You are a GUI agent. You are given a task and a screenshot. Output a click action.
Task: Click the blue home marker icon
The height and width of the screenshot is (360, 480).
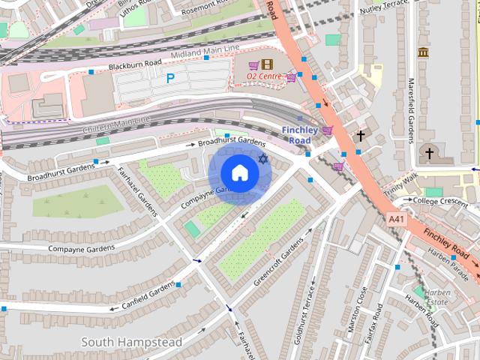tap(239, 173)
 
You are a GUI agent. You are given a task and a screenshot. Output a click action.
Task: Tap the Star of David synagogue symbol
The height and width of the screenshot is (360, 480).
tap(262, 159)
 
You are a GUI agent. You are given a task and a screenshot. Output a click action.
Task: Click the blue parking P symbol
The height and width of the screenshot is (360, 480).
tap(170, 77)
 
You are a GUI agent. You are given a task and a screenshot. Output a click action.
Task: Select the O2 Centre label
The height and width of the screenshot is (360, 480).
tap(265, 76)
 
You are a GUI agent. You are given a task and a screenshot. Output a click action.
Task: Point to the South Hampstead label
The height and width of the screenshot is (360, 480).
tap(131, 343)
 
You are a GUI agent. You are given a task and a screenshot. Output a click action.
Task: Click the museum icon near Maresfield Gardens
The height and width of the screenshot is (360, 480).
tap(424, 52)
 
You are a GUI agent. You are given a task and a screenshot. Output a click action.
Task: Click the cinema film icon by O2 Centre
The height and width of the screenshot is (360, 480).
tap(268, 64)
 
